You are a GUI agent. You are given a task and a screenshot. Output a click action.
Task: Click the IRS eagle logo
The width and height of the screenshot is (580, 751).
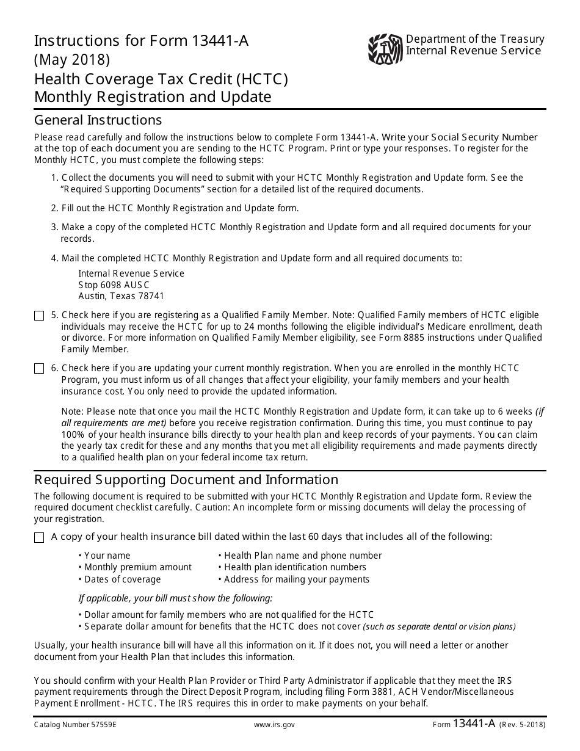coord(386,49)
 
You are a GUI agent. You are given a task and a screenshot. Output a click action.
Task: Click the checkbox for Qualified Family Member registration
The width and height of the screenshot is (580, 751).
coord(39,316)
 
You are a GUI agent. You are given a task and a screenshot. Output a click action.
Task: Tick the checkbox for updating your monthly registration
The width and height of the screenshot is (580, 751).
coord(39,369)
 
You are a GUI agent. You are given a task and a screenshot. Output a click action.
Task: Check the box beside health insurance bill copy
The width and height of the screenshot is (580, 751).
coord(39,537)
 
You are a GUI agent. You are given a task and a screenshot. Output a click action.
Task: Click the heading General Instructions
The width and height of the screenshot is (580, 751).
coord(98,119)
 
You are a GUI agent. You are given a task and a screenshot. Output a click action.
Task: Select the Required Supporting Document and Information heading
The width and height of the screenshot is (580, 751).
coord(186,479)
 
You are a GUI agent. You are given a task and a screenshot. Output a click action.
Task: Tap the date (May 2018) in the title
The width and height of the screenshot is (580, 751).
coord(72,60)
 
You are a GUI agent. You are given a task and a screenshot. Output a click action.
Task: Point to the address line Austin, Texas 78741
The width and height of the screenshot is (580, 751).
coord(121,296)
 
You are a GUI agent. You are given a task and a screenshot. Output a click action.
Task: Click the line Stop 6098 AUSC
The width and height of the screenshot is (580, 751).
coord(114,285)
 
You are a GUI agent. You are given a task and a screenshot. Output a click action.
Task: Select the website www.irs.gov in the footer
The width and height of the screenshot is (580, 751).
coord(274,725)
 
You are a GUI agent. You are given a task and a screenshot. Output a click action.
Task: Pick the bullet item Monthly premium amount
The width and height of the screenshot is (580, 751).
coord(135,567)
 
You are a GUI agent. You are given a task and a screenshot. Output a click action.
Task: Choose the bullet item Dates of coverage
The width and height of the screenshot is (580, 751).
coord(120,579)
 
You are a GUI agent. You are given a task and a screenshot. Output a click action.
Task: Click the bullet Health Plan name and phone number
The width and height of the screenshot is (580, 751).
coord(300,556)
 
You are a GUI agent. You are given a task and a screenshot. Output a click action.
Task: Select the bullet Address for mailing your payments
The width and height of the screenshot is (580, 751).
coord(294,579)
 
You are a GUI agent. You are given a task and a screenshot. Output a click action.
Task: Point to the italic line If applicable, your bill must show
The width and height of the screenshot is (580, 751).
coord(175,598)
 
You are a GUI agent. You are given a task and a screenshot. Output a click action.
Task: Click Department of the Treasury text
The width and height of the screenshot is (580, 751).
coord(475,39)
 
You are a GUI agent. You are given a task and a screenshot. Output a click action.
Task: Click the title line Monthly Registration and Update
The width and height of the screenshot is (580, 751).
coord(153,97)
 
